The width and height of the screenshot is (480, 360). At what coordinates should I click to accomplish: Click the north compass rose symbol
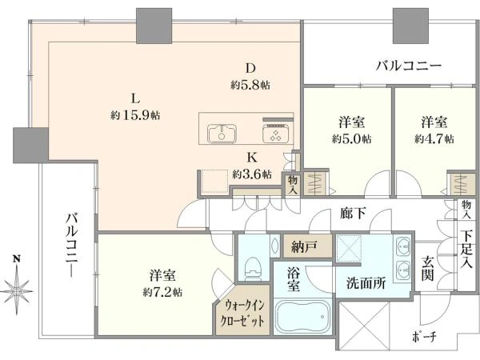click(18, 285)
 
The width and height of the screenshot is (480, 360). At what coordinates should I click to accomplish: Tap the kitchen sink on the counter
click(222, 134)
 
